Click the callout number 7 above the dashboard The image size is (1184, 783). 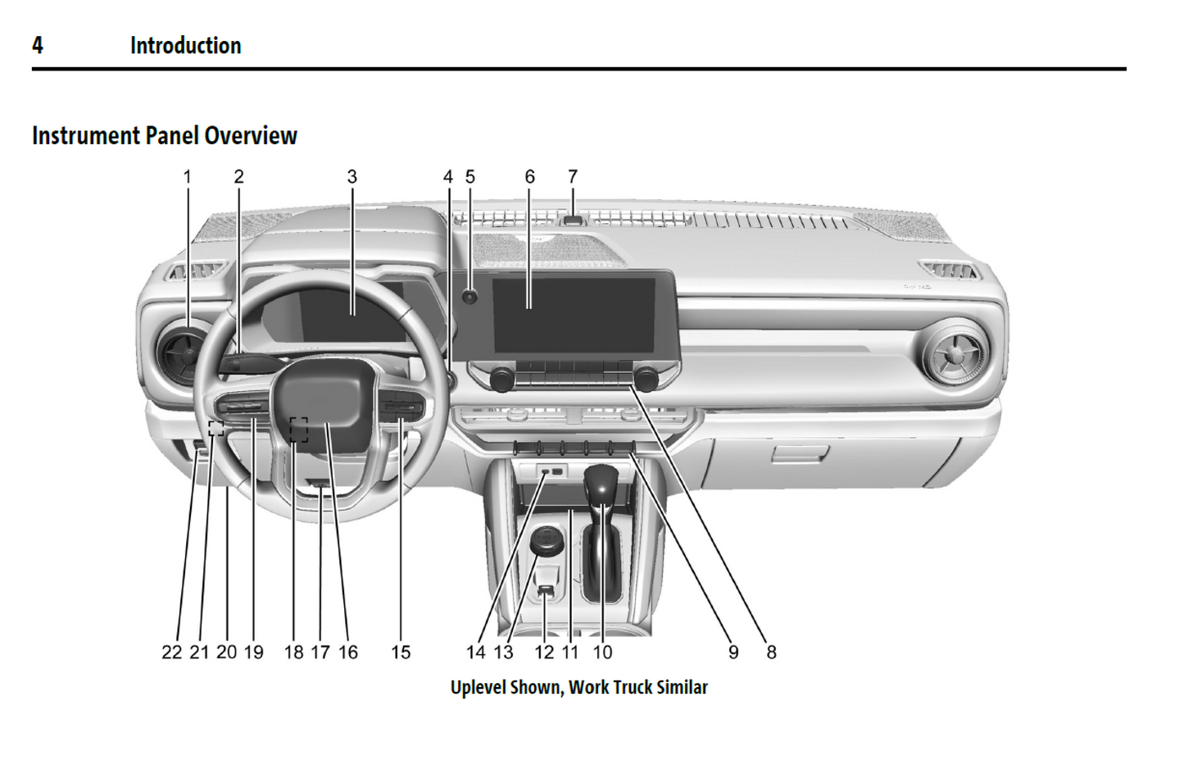[573, 176]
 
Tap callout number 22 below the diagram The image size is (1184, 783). [171, 652]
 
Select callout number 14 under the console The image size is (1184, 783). [475, 652]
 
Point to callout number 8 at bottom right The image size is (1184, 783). [771, 652]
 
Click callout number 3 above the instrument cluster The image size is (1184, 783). [352, 176]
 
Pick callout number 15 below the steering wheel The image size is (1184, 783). [401, 652]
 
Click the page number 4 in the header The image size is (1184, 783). [38, 45]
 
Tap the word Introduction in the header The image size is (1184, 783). [185, 45]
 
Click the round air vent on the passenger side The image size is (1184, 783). [955, 355]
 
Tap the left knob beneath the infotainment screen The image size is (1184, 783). [501, 379]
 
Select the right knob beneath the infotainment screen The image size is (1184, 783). [646, 379]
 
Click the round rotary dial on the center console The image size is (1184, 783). [545, 541]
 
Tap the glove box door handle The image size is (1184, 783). [799, 453]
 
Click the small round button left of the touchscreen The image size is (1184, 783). [470, 297]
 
